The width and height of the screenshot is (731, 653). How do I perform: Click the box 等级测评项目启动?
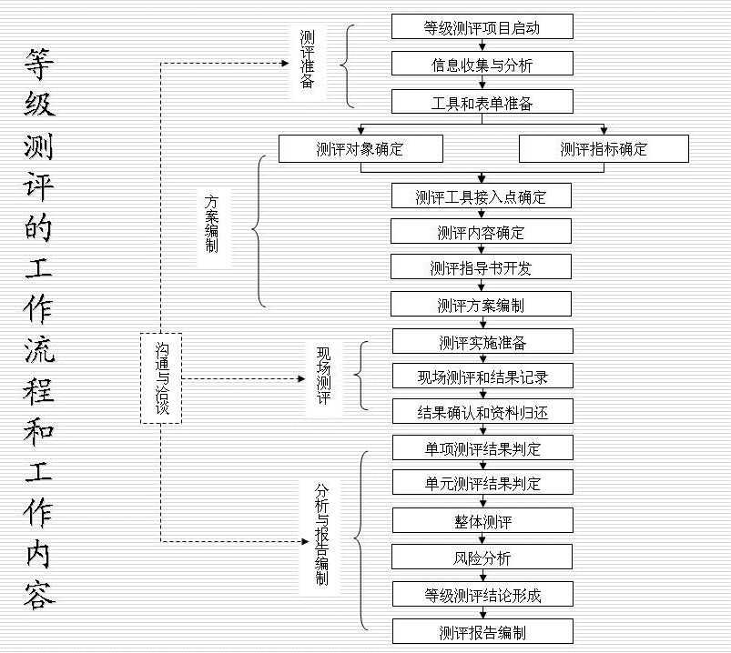[482, 27]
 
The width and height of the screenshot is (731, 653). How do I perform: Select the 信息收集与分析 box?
[482, 65]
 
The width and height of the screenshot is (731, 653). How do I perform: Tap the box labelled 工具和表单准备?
[482, 102]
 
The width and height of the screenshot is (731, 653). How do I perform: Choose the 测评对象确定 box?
[360, 149]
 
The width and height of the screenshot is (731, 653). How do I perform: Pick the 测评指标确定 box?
[604, 149]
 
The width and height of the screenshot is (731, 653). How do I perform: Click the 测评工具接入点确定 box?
[482, 196]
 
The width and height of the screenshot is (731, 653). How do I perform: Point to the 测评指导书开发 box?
[482, 268]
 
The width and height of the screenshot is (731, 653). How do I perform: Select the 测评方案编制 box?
[482, 304]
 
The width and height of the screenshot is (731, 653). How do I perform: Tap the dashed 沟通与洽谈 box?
[162, 378]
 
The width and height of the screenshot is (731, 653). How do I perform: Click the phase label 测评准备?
[308, 60]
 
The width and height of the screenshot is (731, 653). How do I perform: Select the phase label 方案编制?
[212, 224]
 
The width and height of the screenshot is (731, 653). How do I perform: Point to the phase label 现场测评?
[323, 375]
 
